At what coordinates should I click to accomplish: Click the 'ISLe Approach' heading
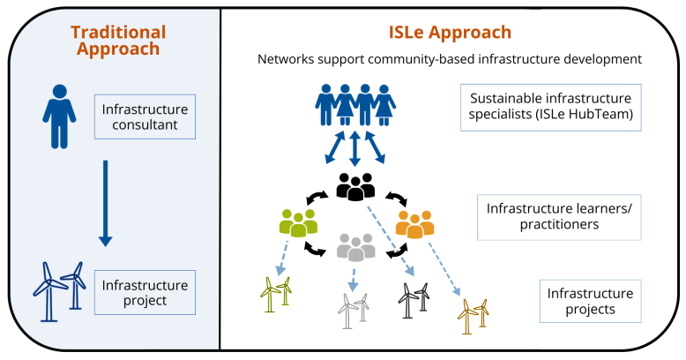(x=450, y=33)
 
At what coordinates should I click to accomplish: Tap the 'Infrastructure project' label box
(x=144, y=293)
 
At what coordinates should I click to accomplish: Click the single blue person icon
(x=56, y=116)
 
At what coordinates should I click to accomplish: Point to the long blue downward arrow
(x=105, y=204)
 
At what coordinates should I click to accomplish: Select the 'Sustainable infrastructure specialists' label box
(x=550, y=108)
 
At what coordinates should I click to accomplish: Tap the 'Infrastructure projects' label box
(x=590, y=301)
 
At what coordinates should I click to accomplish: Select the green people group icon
(x=298, y=222)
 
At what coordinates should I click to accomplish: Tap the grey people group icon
(x=356, y=248)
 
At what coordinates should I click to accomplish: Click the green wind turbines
(x=276, y=295)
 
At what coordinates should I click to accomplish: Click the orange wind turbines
(x=474, y=315)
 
